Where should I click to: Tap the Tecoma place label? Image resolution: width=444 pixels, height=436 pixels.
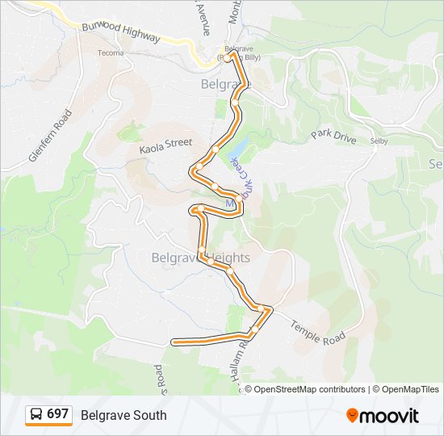click(111, 53)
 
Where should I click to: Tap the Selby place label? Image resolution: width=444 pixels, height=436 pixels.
click(379, 140)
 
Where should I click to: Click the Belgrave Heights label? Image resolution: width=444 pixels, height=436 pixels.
click(201, 258)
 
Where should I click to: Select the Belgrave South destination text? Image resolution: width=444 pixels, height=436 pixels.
click(124, 415)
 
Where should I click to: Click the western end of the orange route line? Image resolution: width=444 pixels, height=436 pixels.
click(174, 342)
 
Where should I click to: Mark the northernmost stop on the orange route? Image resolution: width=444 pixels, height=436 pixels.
click(232, 56)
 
